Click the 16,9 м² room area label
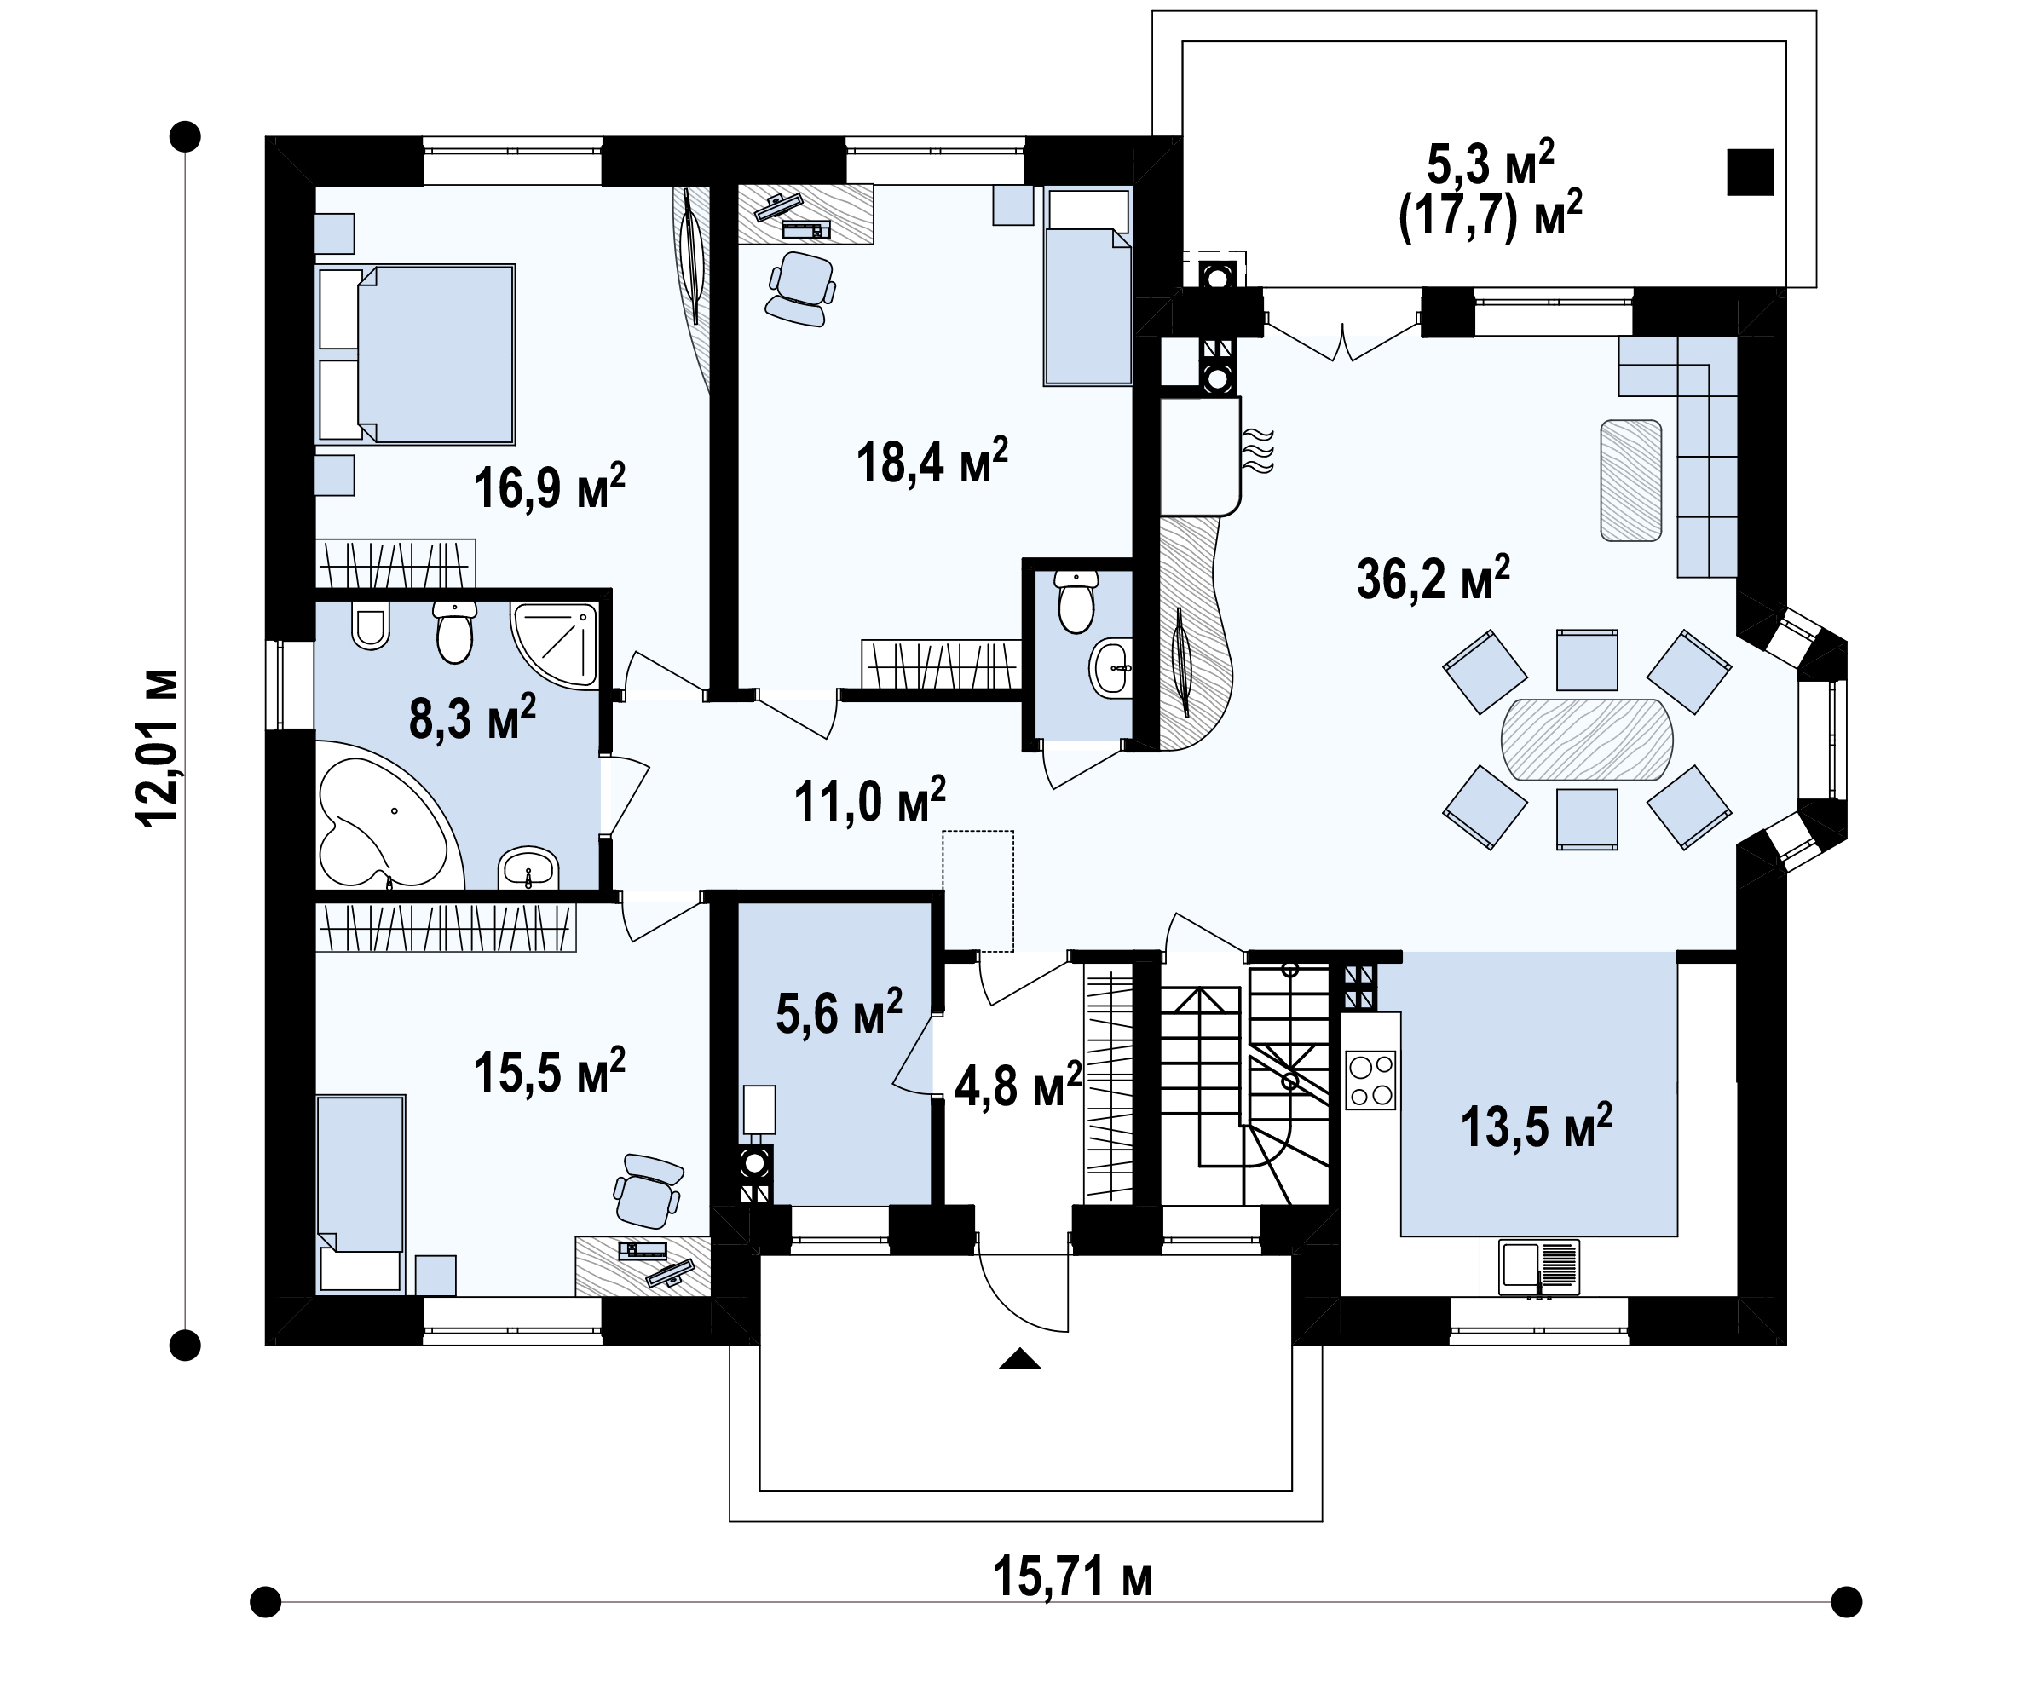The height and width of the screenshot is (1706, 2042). click(x=550, y=486)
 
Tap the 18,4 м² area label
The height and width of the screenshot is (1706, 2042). click(x=932, y=461)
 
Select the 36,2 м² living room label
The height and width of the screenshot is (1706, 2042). click(x=1433, y=578)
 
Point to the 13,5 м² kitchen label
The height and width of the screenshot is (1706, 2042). click(x=1537, y=1127)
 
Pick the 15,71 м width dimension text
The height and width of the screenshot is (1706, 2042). click(x=1072, y=1576)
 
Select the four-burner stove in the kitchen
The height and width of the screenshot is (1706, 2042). click(x=1370, y=1080)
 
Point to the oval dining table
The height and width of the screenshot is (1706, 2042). click(x=1587, y=739)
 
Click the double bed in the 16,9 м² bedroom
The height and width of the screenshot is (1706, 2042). click(x=416, y=354)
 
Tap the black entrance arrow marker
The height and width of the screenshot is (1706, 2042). click(x=1020, y=1358)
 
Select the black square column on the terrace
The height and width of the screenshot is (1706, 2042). click(x=1751, y=172)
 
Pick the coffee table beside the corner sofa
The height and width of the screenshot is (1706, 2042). click(x=1630, y=481)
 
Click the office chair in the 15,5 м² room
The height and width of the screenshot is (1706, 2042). click(x=648, y=1190)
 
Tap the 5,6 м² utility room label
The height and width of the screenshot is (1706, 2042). click(x=839, y=1013)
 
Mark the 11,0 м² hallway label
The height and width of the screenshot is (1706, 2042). click(x=869, y=800)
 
